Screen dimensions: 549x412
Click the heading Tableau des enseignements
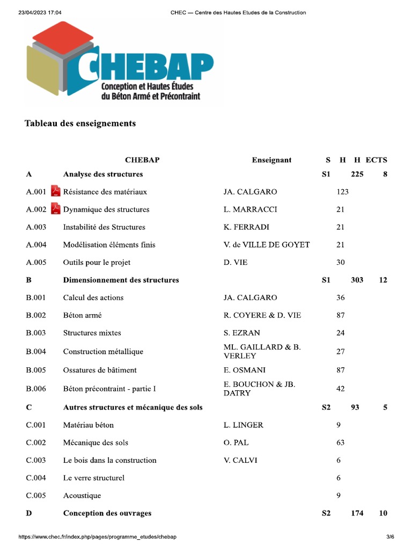[80, 123]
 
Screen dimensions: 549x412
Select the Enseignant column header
[271, 160]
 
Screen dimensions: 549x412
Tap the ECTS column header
[376, 160]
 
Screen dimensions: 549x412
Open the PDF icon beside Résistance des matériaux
[55, 191]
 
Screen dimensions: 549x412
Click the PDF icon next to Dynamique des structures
[55, 209]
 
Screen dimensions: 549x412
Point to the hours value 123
[342, 192]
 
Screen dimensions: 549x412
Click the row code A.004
[36, 245]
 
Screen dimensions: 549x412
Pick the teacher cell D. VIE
[236, 263]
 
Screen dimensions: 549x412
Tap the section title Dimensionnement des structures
[121, 280]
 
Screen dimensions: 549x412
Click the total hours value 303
[357, 280]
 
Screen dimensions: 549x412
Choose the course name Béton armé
[82, 315]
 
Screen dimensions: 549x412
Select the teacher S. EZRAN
[241, 333]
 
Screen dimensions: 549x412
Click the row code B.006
[36, 389]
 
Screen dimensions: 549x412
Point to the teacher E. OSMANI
[244, 370]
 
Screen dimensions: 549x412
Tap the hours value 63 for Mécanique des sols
[341, 443]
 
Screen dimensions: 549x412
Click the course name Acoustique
[82, 496]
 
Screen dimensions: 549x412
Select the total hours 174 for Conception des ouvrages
[357, 513]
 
